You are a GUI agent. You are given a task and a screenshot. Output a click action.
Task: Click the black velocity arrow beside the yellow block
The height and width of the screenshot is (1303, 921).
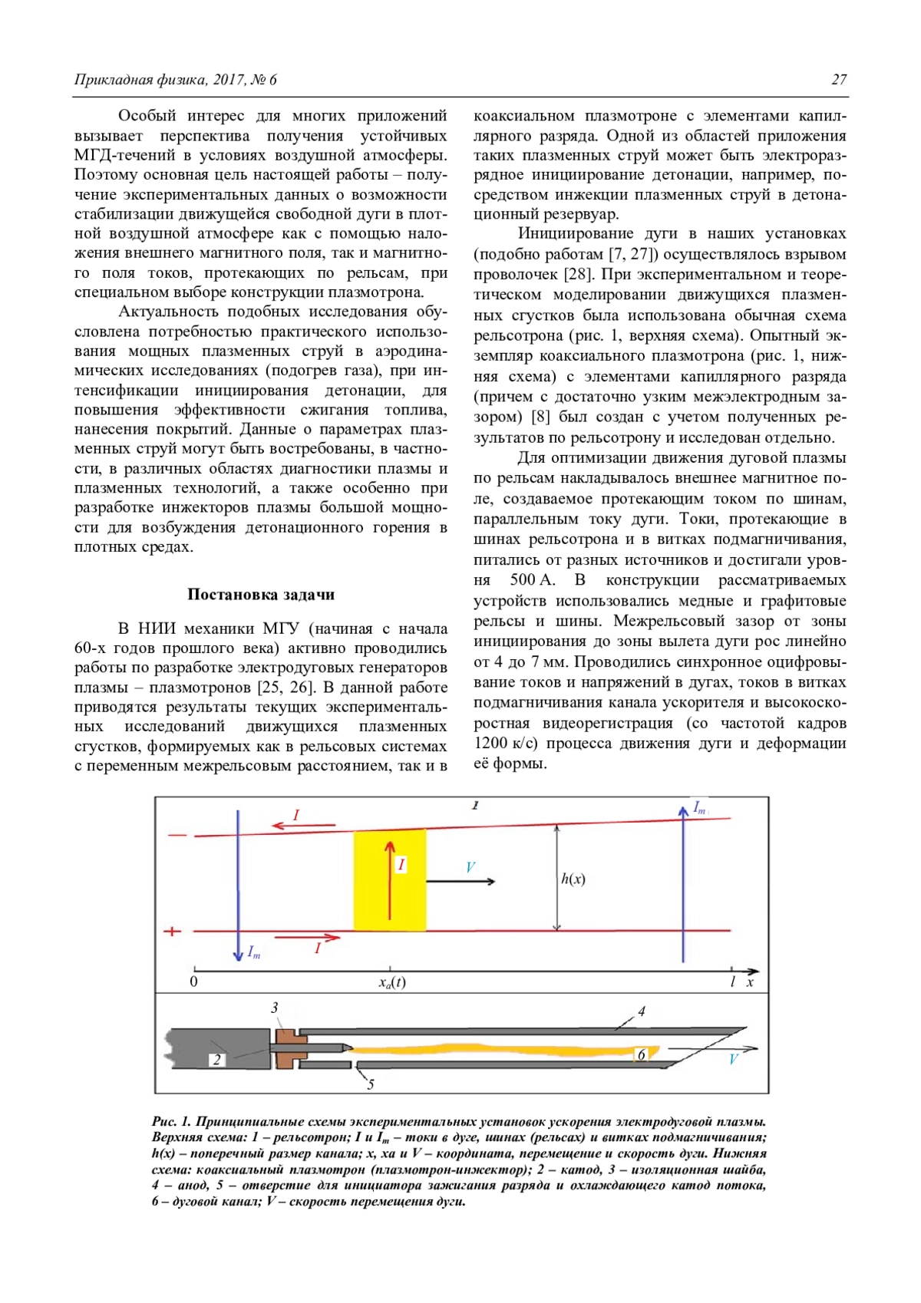[460, 881]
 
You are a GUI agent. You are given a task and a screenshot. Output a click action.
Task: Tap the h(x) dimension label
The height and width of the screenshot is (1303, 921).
[573, 879]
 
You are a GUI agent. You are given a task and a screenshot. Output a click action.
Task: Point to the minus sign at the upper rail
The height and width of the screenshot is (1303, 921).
[177, 835]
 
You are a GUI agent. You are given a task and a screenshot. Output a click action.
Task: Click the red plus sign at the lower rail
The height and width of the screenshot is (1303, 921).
[173, 931]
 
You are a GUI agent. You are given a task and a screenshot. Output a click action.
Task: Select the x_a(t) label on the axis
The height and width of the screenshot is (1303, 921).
[391, 982]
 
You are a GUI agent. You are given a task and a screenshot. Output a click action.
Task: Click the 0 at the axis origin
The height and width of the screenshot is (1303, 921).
[193, 981]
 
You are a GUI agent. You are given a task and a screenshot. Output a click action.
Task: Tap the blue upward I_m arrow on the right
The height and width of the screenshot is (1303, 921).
[682, 882]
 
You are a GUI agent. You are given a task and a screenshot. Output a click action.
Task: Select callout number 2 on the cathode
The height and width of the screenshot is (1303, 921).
[217, 1060]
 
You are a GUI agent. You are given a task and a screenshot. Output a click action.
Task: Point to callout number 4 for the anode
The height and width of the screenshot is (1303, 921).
[642, 1011]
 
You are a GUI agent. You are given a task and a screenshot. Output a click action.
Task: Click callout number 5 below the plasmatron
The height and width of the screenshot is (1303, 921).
[371, 1084]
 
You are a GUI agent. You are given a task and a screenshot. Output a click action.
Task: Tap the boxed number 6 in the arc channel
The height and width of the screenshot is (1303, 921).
[642, 1055]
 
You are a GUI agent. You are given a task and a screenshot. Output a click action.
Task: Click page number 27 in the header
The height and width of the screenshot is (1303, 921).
[839, 80]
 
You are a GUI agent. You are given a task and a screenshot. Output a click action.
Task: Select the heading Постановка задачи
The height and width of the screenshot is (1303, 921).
[260, 595]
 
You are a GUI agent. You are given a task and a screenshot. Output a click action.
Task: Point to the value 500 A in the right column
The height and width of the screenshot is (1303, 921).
[532, 580]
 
